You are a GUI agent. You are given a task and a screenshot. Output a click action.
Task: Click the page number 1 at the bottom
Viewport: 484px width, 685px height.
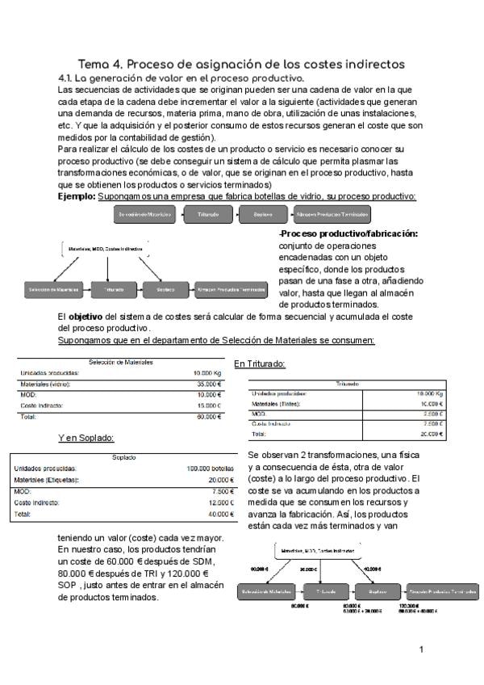[421, 649]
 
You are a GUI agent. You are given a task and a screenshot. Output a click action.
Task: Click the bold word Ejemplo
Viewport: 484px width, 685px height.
[76, 196]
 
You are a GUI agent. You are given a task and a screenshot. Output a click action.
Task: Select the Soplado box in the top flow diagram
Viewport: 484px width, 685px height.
[264, 214]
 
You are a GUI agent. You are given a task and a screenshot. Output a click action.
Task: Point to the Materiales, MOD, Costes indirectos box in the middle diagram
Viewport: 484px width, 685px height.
[106, 249]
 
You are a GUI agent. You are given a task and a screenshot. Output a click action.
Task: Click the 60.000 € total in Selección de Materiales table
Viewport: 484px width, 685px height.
[208, 417]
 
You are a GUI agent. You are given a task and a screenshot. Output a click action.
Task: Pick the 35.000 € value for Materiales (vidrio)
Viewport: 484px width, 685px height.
[208, 385]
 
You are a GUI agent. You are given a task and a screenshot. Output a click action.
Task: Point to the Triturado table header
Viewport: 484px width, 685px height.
[348, 384]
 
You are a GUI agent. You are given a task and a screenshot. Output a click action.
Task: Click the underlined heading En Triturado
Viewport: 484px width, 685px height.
[259, 364]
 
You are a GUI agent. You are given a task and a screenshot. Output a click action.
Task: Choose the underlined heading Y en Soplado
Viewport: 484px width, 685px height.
[86, 438]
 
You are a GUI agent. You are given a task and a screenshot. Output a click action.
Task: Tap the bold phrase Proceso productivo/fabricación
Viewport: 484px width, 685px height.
[348, 234]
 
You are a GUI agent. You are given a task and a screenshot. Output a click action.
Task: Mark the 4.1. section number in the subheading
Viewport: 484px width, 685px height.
[67, 78]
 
